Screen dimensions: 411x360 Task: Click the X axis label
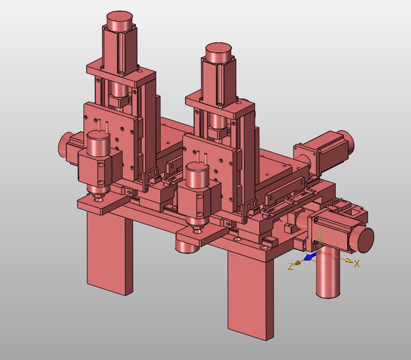[x=357, y=263]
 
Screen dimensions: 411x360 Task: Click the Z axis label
[x=291, y=267]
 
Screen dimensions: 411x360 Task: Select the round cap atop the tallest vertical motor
[x=120, y=20]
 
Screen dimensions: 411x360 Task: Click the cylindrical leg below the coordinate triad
[x=328, y=273]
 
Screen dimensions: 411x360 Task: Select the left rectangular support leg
[x=110, y=252]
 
